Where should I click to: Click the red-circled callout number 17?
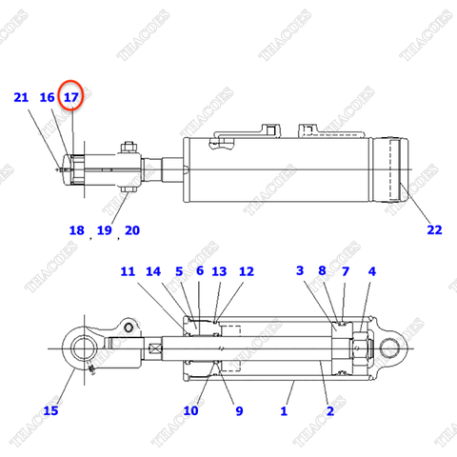[71, 97]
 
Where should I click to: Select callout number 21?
[21, 97]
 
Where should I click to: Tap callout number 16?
[47, 97]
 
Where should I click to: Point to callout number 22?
[434, 229]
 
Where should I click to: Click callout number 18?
[76, 230]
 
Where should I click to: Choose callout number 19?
[104, 230]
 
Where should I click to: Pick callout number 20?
[131, 230]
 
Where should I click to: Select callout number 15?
[50, 410]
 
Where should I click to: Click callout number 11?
[128, 272]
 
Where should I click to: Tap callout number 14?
[154, 272]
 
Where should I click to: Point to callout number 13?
[219, 272]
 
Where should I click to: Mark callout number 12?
[247, 272]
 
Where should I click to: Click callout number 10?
[190, 410]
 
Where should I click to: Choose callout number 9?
[238, 410]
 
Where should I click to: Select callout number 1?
[283, 410]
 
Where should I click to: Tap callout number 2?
[330, 410]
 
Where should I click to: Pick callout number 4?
[372, 272]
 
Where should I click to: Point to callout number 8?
[323, 272]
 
